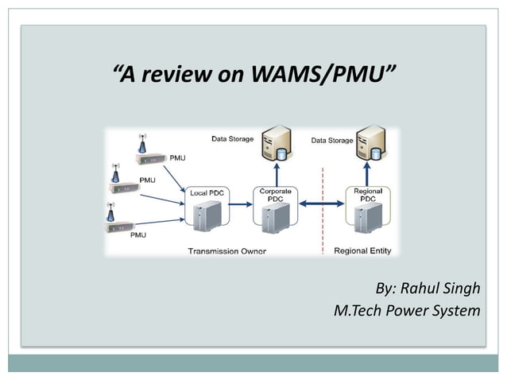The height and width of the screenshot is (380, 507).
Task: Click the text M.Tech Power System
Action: (x=407, y=309)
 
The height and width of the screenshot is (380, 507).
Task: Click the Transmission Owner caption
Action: (x=226, y=251)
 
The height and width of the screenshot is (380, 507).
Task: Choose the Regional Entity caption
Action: (x=362, y=251)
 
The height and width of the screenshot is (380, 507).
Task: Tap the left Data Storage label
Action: (x=232, y=139)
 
